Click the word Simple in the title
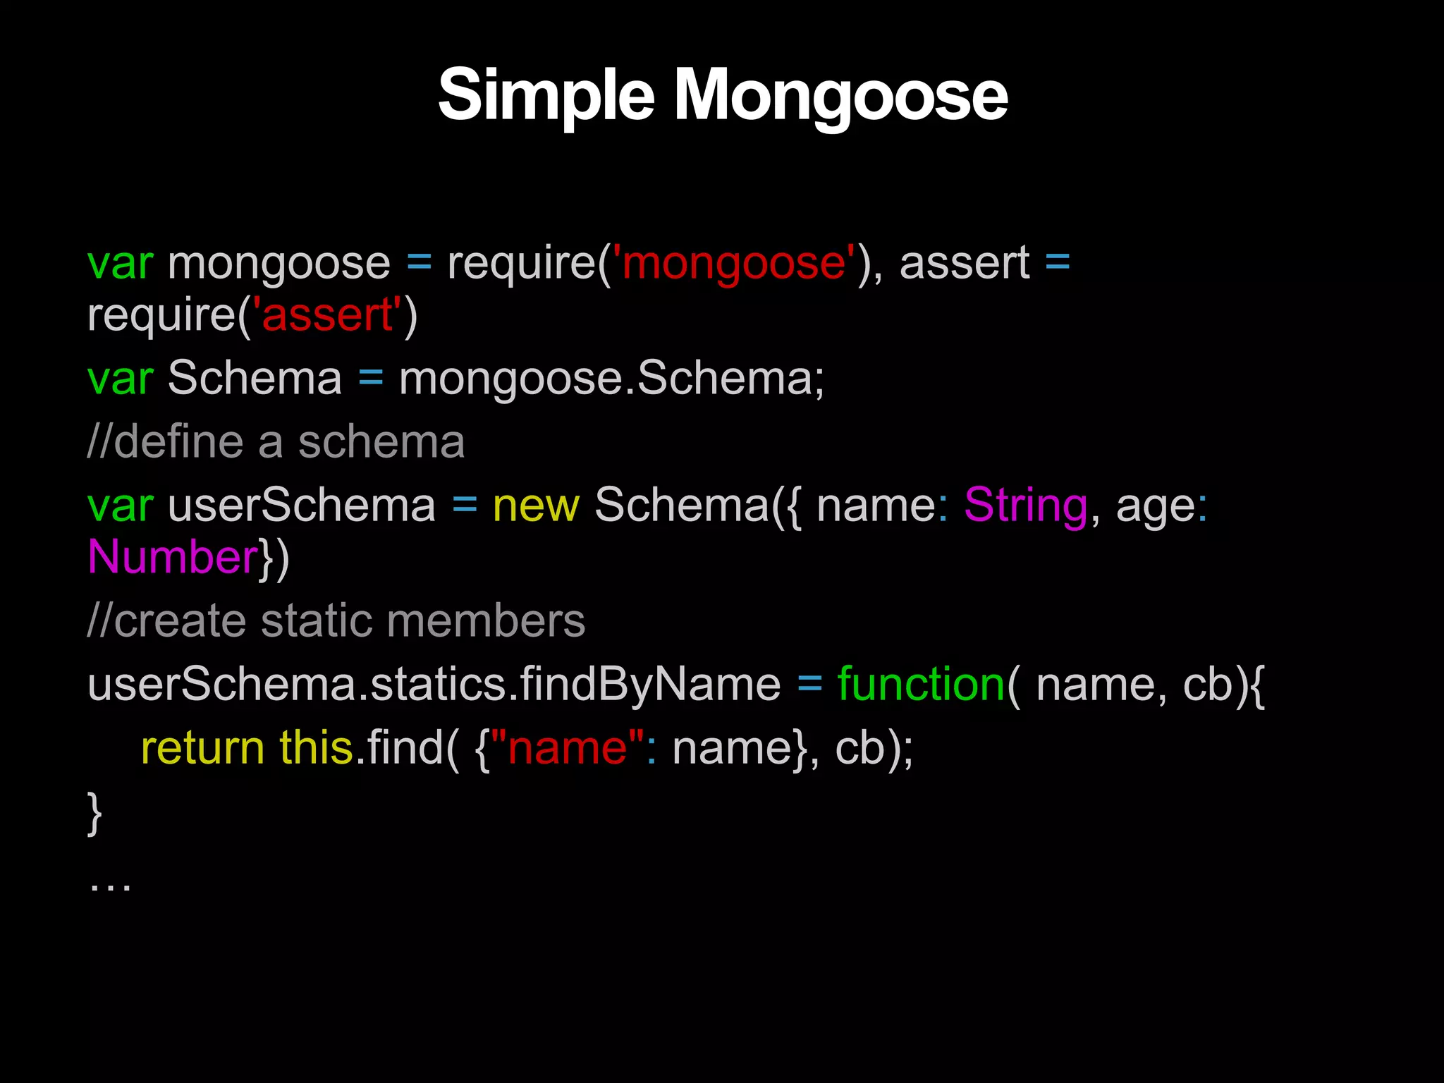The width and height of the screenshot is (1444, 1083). pos(546,95)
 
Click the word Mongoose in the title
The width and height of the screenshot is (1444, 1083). pos(841,95)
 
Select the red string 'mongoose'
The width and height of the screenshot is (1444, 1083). pos(734,263)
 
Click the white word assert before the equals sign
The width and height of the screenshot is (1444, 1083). pos(964,263)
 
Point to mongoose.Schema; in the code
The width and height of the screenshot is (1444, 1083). pos(611,379)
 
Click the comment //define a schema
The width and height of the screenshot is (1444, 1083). pos(276,442)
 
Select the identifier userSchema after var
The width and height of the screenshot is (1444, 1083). pos(302,506)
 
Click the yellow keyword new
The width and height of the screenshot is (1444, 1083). pos(536,506)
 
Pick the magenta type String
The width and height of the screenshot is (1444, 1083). pos(1025,506)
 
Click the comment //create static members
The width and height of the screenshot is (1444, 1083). pos(336,621)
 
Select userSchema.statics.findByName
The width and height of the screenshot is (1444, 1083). pos(434,685)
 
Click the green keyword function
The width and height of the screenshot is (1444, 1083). pos(921,685)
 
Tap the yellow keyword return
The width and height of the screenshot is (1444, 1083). pos(202,748)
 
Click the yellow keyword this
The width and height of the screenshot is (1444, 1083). pos(316,748)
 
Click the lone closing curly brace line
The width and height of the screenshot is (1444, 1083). pos(94,812)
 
